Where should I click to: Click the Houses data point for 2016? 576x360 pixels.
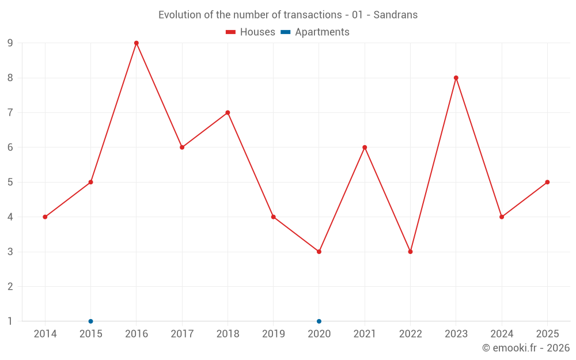(137, 43)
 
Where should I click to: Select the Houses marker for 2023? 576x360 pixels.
(456, 78)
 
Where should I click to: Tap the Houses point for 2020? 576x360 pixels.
(319, 252)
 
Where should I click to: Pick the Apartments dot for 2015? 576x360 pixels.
(91, 321)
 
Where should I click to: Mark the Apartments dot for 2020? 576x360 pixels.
(319, 321)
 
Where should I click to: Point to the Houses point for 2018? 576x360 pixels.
(228, 112)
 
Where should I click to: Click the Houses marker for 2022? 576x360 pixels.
(410, 252)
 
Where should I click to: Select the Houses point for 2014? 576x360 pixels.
(45, 217)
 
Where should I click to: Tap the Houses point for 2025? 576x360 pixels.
(547, 182)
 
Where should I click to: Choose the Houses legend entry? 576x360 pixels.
(251, 32)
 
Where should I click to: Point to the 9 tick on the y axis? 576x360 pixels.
(10, 43)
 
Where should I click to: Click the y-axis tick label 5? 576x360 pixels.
(10, 182)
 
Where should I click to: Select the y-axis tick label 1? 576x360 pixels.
(10, 321)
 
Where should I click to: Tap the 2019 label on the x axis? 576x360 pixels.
(274, 334)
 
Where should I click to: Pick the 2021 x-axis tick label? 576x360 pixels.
(365, 334)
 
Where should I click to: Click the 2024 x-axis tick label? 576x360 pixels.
(502, 334)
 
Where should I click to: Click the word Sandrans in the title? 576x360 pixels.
(395, 15)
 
